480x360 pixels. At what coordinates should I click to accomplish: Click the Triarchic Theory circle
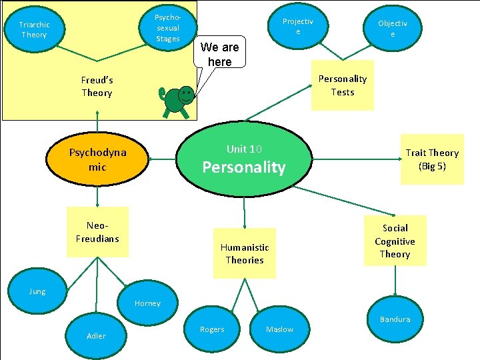point(35,29)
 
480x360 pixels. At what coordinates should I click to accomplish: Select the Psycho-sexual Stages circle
point(167,27)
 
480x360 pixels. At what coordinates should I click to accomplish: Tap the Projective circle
point(297,27)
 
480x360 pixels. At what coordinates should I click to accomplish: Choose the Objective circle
point(392,28)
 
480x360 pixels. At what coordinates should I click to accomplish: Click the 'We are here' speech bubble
point(219,55)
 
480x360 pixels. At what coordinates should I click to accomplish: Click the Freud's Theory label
point(97,87)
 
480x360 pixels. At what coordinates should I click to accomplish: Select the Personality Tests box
point(342,85)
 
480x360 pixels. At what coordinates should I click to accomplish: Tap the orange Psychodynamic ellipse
point(97,160)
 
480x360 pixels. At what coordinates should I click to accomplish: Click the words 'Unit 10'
point(244,149)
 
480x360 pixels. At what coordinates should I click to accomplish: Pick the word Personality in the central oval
point(244,167)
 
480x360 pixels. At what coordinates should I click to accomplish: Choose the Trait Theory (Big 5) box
point(432,159)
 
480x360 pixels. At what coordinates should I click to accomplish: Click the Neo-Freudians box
point(97,231)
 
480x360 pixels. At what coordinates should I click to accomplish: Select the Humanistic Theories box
point(245,253)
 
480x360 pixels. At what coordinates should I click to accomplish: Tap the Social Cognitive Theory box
point(395,241)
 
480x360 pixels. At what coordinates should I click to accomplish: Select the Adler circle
point(96,335)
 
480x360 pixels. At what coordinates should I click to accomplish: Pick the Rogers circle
point(212,329)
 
